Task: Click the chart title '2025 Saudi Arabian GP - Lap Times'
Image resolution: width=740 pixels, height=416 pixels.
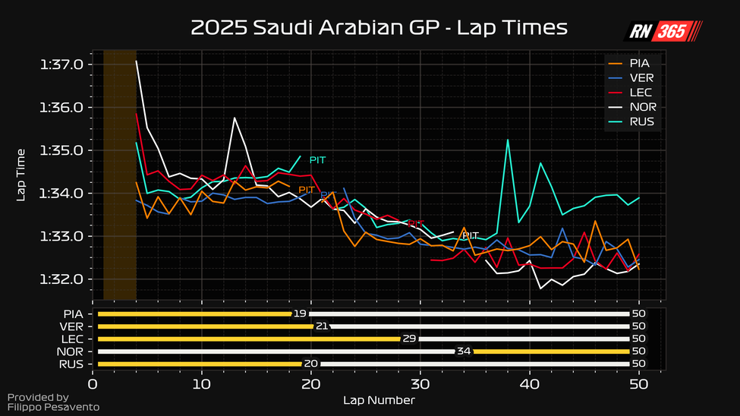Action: pyautogui.click(x=379, y=28)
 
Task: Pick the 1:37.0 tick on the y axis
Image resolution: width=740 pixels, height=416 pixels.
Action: pyautogui.click(x=61, y=65)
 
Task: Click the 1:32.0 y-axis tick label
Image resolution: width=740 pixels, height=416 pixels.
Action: pyautogui.click(x=61, y=279)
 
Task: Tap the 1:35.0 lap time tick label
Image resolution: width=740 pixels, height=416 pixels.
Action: pyautogui.click(x=61, y=150)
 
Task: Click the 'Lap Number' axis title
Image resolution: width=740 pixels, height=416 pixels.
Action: pyautogui.click(x=379, y=399)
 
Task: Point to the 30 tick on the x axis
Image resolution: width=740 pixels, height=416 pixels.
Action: pyautogui.click(x=420, y=384)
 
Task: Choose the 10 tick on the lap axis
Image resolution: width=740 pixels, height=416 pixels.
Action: pyautogui.click(x=201, y=384)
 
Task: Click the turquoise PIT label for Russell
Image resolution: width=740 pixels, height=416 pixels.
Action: pyautogui.click(x=317, y=160)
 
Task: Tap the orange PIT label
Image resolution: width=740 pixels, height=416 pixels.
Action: pyautogui.click(x=307, y=190)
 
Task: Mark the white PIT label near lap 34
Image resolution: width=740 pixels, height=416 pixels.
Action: pyautogui.click(x=471, y=236)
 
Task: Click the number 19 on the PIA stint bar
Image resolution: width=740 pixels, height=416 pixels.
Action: pyautogui.click(x=299, y=314)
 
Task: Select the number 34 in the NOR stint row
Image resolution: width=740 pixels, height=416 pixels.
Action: pyautogui.click(x=463, y=351)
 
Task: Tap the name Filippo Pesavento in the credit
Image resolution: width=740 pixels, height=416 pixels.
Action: pyautogui.click(x=53, y=408)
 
